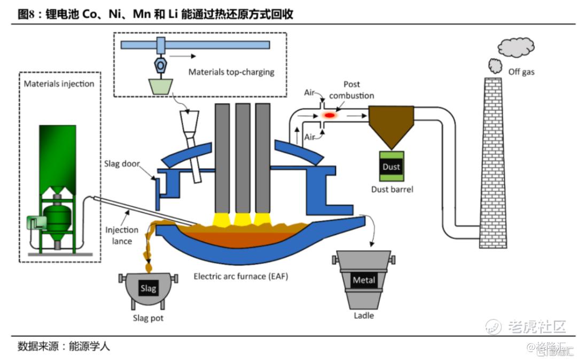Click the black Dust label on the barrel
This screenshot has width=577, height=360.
pyautogui.click(x=391, y=167)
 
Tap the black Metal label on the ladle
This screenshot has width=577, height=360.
pyautogui.click(x=364, y=280)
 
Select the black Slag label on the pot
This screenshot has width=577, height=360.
pyautogui.click(x=148, y=288)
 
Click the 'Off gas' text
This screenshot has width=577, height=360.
pyautogui.click(x=521, y=72)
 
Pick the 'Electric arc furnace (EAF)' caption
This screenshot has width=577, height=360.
pyautogui.click(x=240, y=276)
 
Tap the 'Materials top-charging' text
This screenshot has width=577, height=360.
pyautogui.click(x=231, y=72)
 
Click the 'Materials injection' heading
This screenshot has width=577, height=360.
pyautogui.click(x=59, y=84)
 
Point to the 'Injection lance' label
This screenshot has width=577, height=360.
pyautogui.click(x=122, y=234)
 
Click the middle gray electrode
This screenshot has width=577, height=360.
pyautogui.click(x=243, y=158)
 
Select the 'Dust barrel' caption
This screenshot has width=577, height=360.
pyautogui.click(x=392, y=189)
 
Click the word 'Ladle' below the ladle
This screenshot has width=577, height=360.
pyautogui.click(x=364, y=316)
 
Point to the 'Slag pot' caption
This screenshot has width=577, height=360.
pyautogui.click(x=148, y=318)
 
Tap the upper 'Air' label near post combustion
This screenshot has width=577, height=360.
pyautogui.click(x=310, y=92)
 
